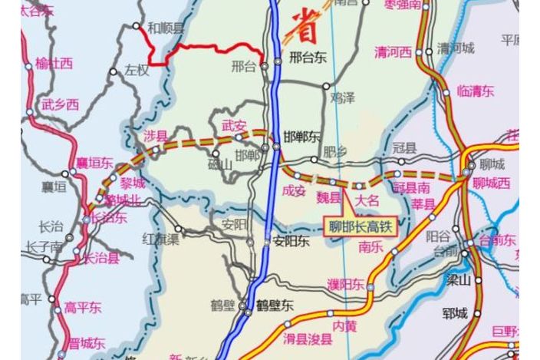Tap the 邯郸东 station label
pos(301,137)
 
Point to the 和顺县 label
pos(166,28)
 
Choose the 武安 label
pos(234,125)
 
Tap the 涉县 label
pos(155,137)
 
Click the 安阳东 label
pos(291,241)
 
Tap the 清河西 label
pos(393,52)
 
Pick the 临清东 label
pos(475,91)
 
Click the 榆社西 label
pos(54,63)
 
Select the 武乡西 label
pos(60,104)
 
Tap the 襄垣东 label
pos(94,163)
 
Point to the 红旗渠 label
pos(160,239)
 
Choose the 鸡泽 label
pos(343,97)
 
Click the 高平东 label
pos(83,308)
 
